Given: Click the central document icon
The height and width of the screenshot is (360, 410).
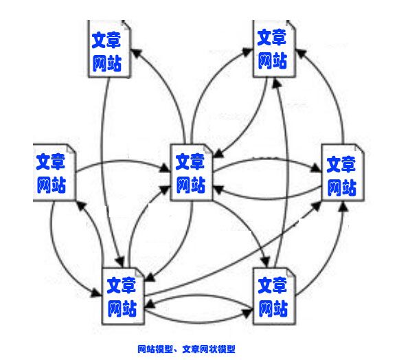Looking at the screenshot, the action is point(192,172).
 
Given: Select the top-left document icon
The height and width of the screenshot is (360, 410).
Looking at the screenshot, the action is point(109,49).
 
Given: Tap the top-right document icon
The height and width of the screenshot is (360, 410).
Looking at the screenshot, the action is point(274,49).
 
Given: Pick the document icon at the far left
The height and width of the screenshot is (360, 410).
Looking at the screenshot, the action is point(54,172).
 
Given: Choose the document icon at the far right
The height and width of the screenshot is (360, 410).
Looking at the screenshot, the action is point(343,172).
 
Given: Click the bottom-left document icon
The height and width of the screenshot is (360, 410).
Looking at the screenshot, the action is point(123,296).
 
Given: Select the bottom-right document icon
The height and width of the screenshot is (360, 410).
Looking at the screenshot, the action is point(274,296).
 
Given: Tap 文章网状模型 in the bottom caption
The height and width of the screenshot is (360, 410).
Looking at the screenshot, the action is point(209,349).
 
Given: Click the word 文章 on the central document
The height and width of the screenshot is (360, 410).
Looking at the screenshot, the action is point(190,161).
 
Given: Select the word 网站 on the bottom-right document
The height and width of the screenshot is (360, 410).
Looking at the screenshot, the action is point(273,308).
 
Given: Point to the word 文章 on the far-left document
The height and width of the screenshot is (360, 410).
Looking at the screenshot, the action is point(50,161).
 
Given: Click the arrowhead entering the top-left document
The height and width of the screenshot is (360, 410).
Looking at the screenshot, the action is point(135,53).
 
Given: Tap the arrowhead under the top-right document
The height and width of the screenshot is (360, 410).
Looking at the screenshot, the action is point(276,83).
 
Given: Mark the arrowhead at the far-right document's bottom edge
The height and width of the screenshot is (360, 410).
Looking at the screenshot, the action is point(343,206).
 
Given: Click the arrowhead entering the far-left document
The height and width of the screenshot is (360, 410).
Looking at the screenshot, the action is point(81,206).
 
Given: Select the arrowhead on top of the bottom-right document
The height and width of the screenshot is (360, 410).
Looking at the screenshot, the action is point(265,262).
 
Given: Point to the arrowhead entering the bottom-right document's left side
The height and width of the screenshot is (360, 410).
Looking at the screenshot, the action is point(248,313).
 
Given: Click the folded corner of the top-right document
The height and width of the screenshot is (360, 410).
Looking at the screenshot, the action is point(291,25).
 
